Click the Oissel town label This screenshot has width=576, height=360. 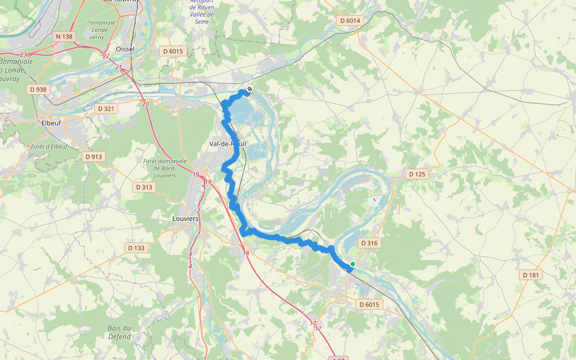(125, 49)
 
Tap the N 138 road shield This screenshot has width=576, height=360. (64, 37)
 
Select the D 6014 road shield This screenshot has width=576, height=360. (350, 21)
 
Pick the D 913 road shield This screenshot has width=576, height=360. (94, 157)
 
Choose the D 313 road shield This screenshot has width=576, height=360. (145, 187)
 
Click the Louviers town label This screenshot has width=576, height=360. (185, 219)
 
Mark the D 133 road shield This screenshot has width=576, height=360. (136, 248)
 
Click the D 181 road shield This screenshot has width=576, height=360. (531, 275)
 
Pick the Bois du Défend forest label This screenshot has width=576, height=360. (119, 332)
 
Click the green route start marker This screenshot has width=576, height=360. (353, 264)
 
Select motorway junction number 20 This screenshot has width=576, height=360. (145, 104)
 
